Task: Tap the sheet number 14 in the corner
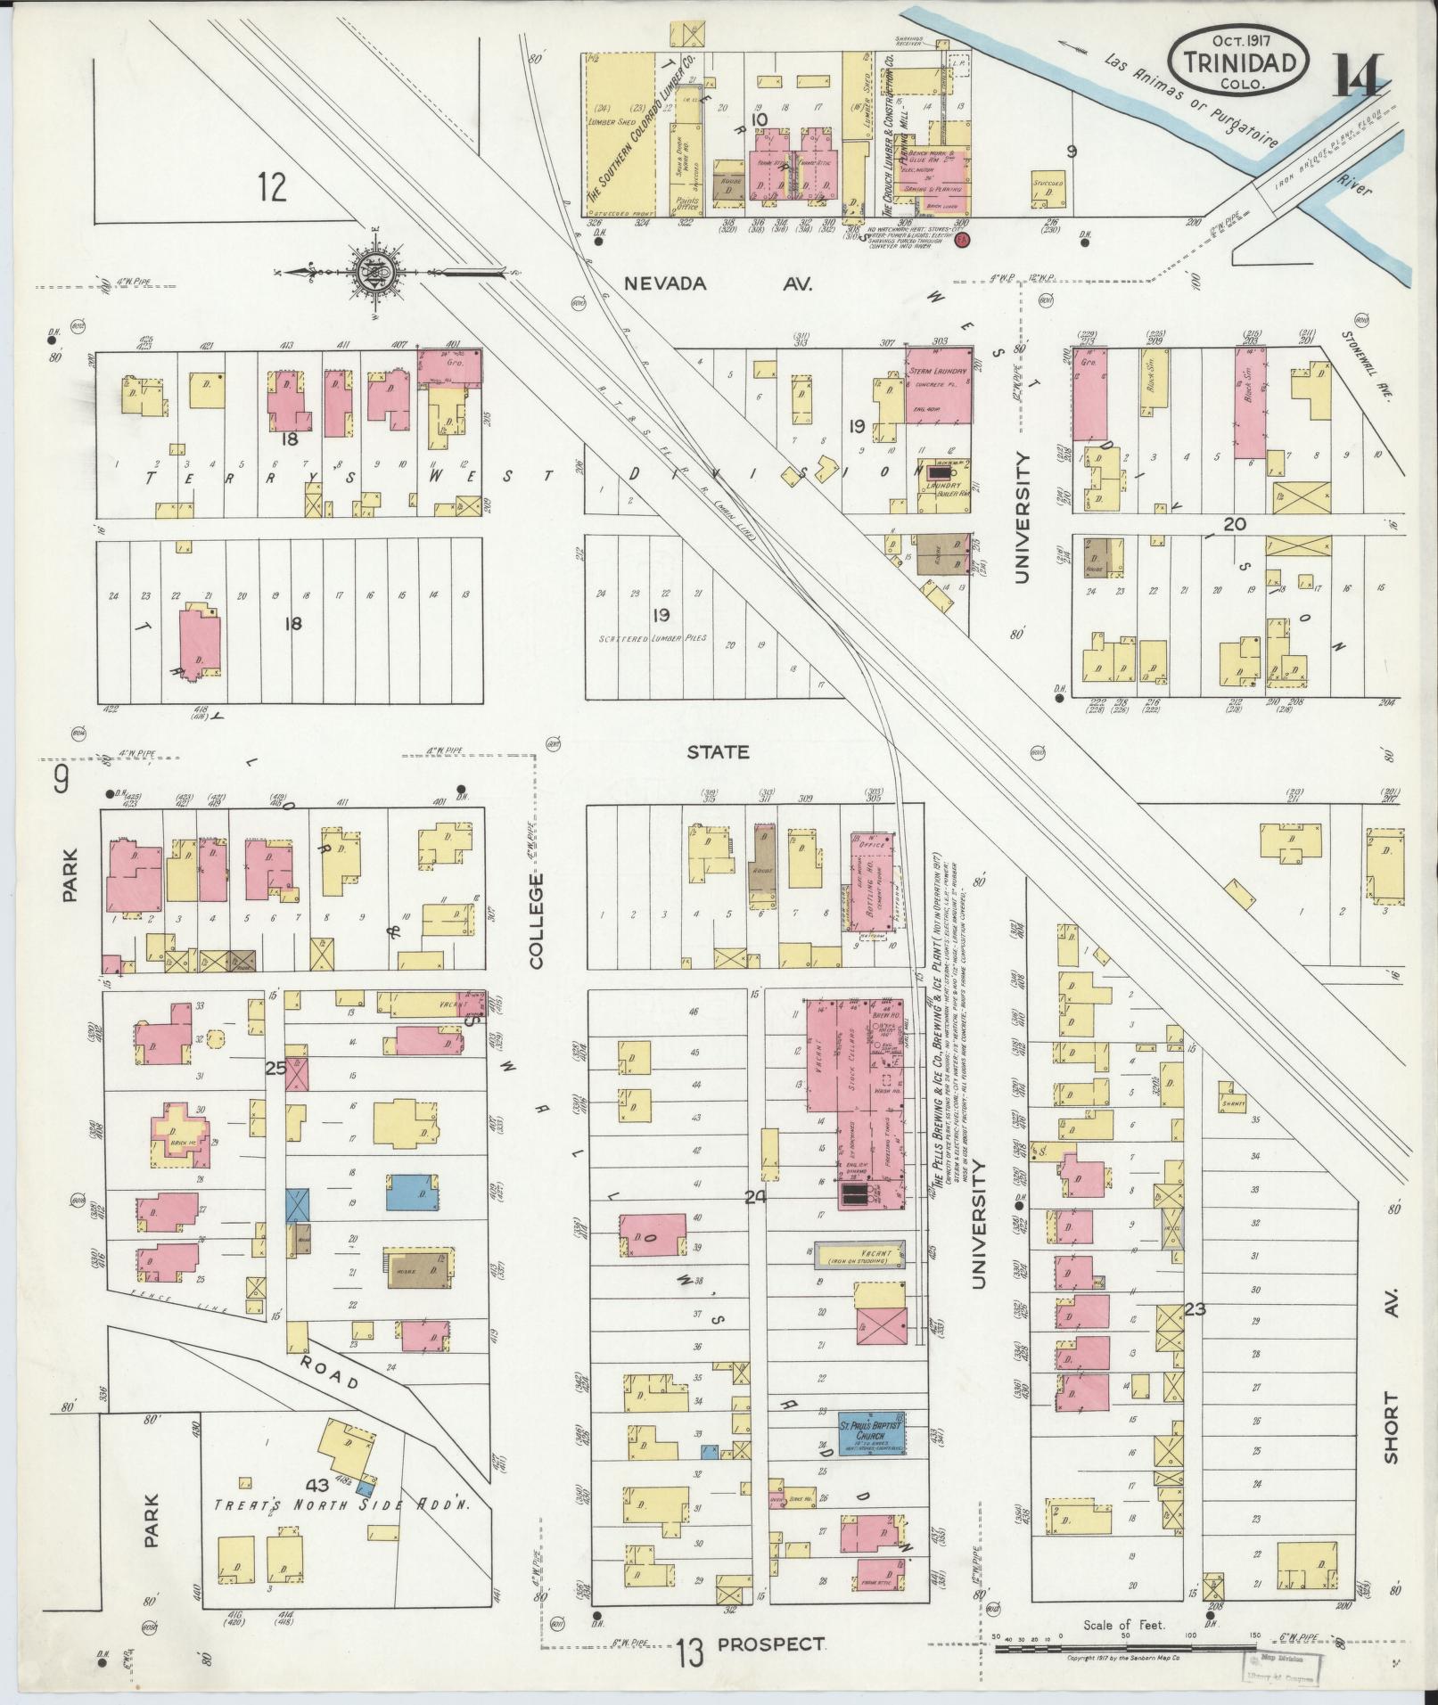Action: [x=1359, y=77]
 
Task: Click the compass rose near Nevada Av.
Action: [x=374, y=270]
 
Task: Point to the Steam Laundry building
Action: [x=938, y=384]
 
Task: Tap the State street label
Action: [x=719, y=751]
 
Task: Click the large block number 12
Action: [x=274, y=187]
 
